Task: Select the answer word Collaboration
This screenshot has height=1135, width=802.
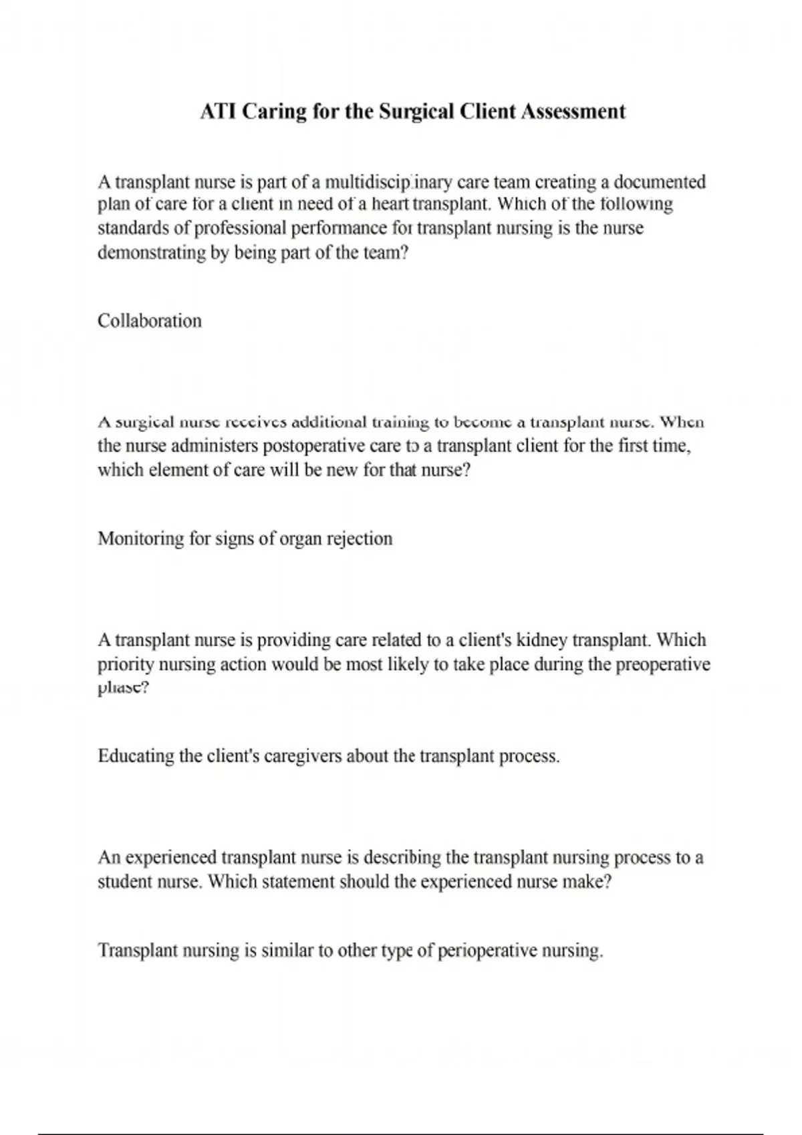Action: [150, 321]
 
